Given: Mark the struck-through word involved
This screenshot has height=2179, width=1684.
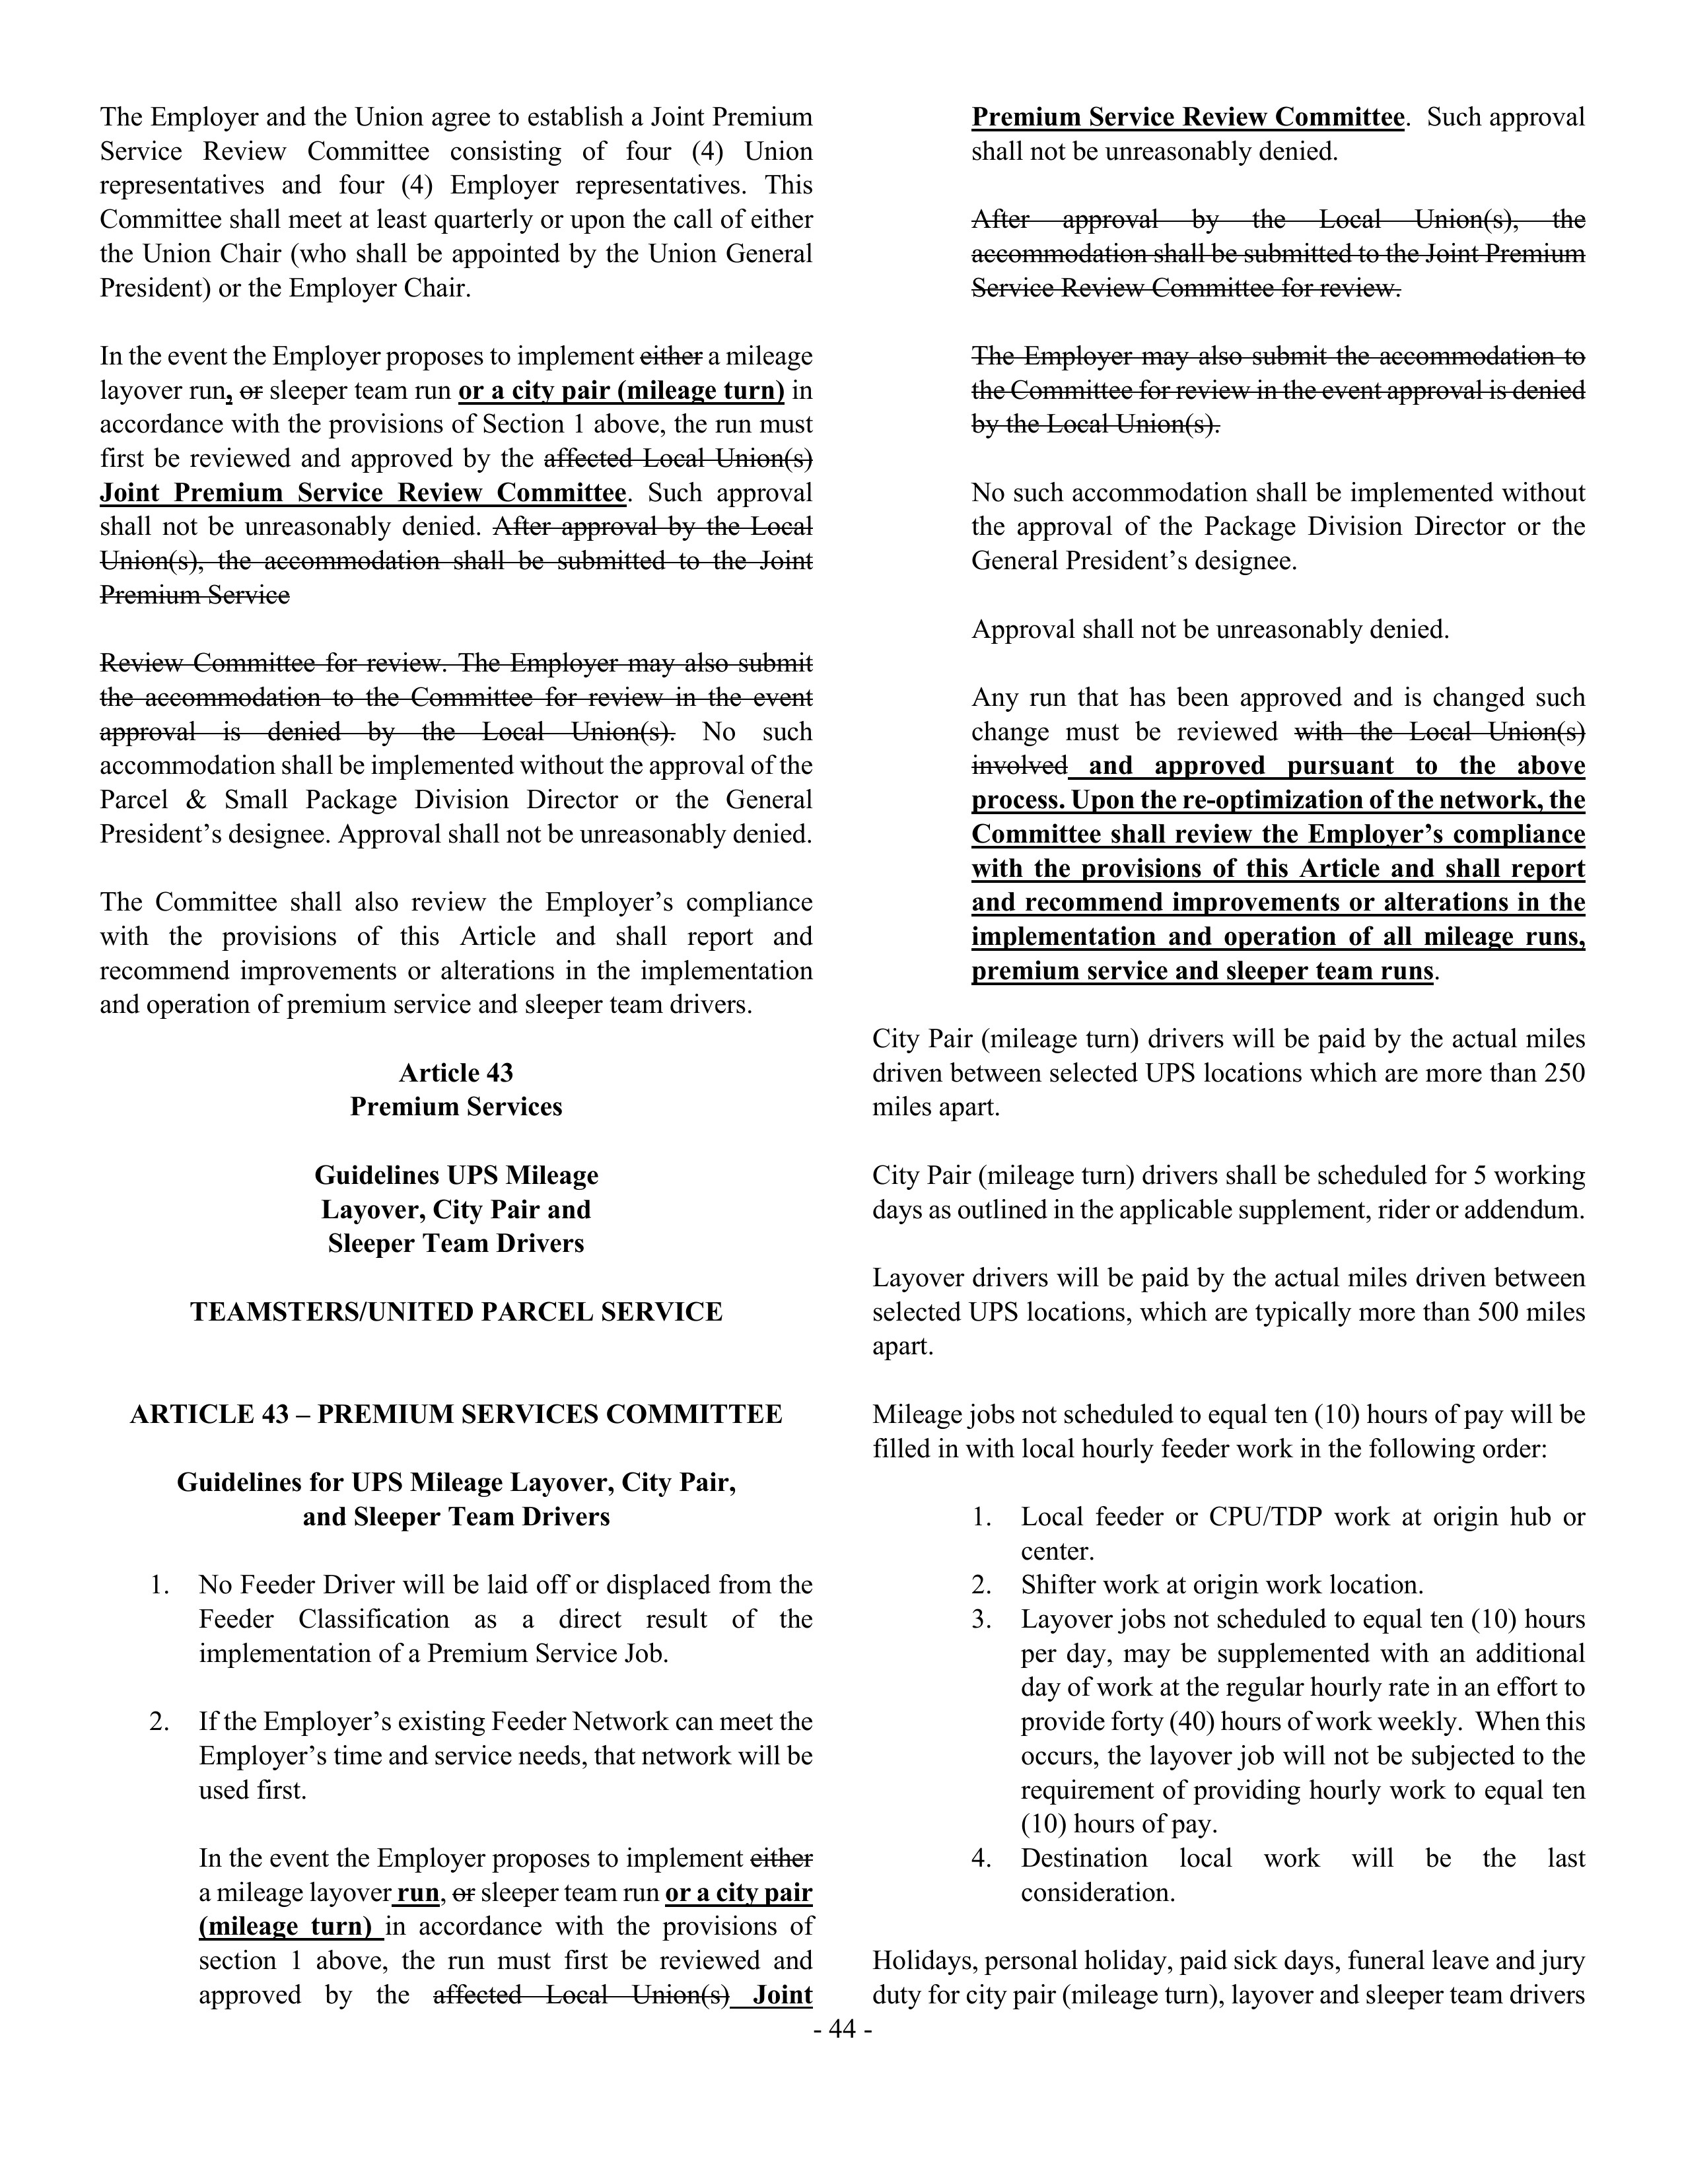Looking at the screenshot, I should coord(1018,766).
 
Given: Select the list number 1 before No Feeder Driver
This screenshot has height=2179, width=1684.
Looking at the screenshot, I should coord(158,1585).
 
